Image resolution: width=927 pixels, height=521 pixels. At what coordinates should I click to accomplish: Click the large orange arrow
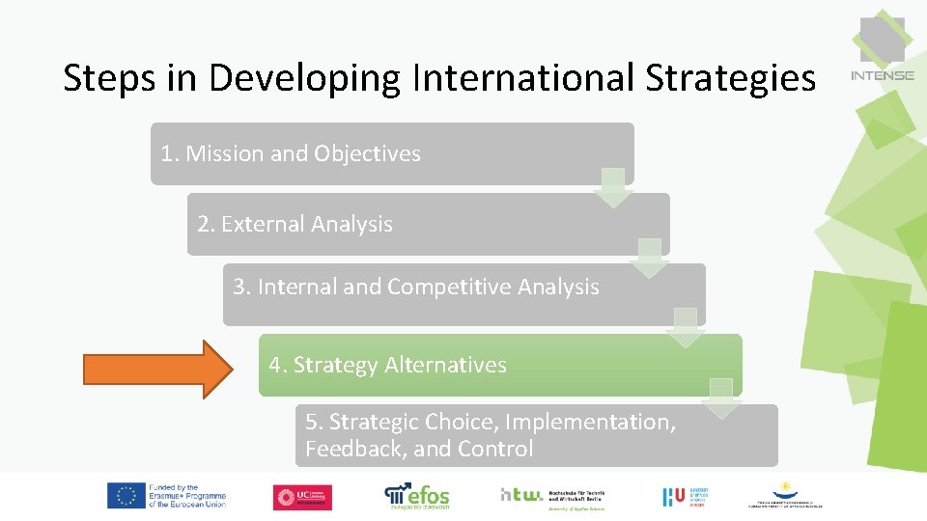point(157,369)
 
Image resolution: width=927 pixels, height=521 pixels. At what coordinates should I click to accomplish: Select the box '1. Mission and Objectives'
point(391,153)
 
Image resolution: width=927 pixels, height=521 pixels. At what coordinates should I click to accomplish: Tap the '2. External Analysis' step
point(428,224)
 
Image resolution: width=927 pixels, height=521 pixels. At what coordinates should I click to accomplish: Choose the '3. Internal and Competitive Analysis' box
point(463,294)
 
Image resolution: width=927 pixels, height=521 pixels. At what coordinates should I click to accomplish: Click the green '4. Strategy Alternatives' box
point(499,365)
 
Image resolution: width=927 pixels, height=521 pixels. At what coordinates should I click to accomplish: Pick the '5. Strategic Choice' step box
point(536,435)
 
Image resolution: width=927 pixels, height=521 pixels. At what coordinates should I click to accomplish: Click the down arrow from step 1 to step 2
point(612,187)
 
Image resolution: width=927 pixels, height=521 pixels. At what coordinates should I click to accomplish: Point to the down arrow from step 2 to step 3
point(649,258)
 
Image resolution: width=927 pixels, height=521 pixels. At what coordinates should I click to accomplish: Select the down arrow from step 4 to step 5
point(721,398)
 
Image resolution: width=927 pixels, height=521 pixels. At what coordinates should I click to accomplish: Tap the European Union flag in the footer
point(126,496)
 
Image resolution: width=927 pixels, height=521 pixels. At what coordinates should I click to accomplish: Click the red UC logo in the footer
point(301,497)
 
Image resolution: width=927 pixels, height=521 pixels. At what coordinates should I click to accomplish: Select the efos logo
point(417,495)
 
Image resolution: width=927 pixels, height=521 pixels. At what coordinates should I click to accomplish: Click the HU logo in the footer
point(674,496)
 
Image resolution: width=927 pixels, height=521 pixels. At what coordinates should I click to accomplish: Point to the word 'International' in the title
point(523,78)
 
